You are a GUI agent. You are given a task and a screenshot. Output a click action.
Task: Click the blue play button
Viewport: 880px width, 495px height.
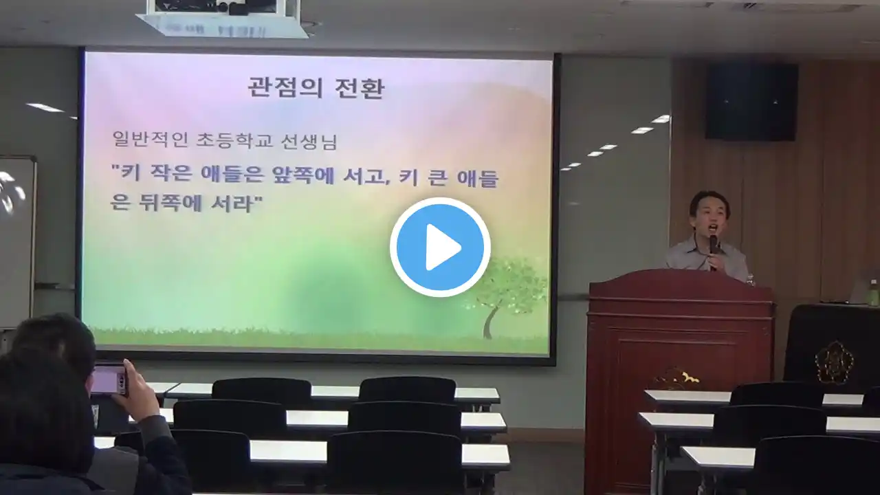click(x=440, y=247)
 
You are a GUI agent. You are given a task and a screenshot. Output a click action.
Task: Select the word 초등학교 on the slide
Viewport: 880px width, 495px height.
click(x=234, y=140)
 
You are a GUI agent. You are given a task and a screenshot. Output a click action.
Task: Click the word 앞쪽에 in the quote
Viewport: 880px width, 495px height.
click(x=302, y=175)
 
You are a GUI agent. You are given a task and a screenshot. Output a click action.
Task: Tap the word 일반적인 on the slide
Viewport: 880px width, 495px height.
click(x=150, y=140)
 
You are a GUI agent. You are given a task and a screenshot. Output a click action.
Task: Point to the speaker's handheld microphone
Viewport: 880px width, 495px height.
click(x=714, y=252)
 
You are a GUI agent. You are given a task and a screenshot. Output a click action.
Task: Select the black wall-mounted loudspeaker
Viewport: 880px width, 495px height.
click(x=751, y=102)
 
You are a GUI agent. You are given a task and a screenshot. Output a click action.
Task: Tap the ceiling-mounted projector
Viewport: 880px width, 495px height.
click(x=221, y=18)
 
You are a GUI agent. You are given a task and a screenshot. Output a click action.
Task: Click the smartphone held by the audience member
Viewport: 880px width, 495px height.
click(x=109, y=379)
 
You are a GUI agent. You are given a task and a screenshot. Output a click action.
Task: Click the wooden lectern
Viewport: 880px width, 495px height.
click(x=680, y=377)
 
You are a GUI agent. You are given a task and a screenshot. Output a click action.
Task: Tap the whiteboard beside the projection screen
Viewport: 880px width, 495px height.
click(x=17, y=241)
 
